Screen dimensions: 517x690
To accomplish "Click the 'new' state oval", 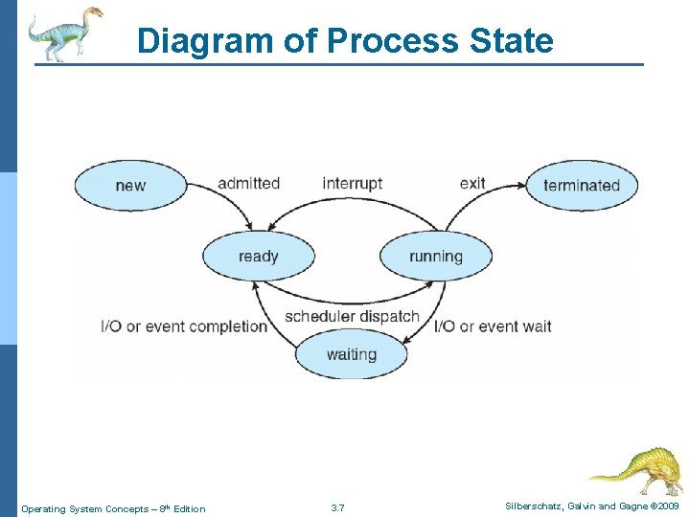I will coord(130,185).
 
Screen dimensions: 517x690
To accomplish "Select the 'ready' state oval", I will coord(258,256).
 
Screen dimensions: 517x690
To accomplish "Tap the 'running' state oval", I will coord(436,256).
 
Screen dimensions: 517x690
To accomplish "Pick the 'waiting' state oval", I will coord(351,354).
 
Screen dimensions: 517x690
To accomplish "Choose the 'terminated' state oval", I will coord(582,185).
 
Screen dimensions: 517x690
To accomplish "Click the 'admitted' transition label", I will coord(248,183).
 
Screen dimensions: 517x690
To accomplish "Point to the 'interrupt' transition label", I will coord(352,183).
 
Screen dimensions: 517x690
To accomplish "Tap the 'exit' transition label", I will coord(472,183).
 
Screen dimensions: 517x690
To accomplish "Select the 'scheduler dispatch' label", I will coord(353,316).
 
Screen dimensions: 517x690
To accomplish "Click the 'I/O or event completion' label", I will coord(184,326).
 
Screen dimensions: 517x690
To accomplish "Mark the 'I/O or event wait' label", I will coord(493,326).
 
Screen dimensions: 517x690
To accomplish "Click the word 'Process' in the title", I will coord(392,41).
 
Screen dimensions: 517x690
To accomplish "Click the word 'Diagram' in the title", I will coord(205,41).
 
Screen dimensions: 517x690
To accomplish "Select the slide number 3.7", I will coord(337,507).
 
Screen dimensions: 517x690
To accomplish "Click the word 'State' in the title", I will coord(509,41).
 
